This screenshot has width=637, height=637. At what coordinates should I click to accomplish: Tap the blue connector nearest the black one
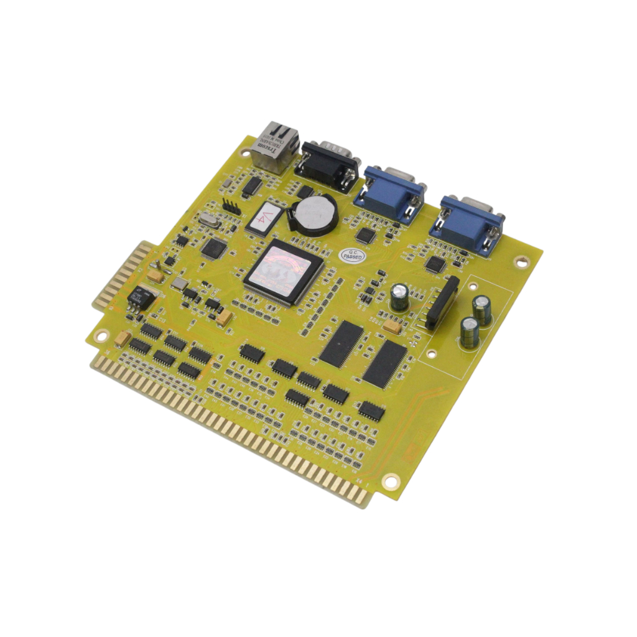(x=390, y=193)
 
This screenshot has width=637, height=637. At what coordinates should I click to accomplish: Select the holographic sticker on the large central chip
(x=283, y=268)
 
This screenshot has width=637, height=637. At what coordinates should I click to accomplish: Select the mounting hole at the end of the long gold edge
(x=391, y=480)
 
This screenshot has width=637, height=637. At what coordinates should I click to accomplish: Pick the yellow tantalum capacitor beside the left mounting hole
(x=123, y=338)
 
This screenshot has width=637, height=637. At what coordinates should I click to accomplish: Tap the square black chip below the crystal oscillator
(x=213, y=248)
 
